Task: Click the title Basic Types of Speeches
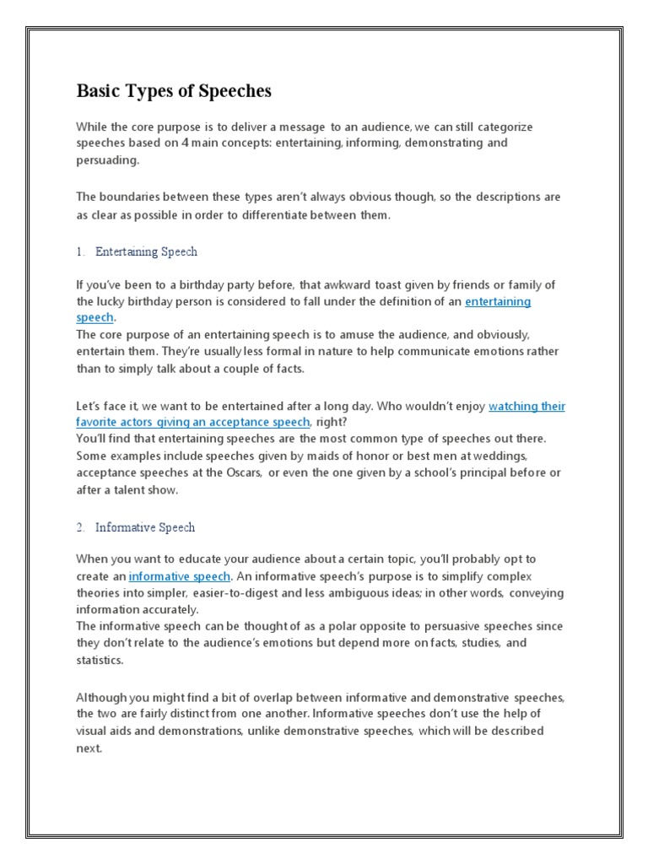pos(174,90)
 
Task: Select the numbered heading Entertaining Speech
pos(146,251)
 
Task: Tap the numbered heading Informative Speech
pos(144,527)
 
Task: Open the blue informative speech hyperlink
pos(179,576)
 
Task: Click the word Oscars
pos(240,473)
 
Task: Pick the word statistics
pos(99,660)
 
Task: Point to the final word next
pos(88,748)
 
